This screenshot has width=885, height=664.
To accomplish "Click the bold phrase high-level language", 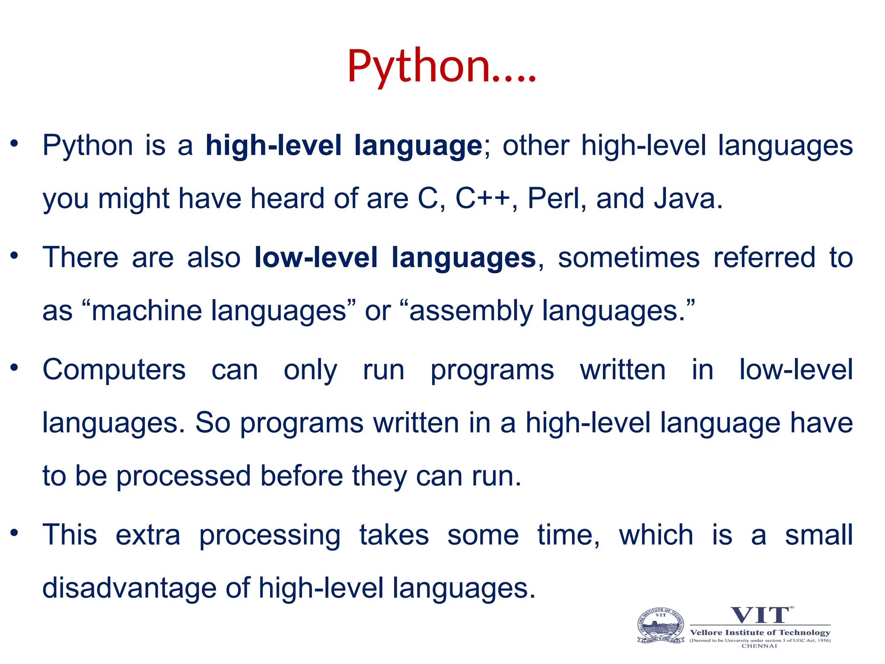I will tap(344, 145).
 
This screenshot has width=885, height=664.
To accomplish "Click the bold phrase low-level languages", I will tap(395, 258).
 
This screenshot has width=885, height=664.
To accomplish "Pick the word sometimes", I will tap(629, 258).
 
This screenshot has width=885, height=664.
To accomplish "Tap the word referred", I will tap(764, 258).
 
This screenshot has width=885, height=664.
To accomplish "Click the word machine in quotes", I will tap(146, 311).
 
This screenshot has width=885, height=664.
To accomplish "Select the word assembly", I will tap(471, 311).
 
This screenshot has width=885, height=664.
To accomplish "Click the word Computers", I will tap(114, 370).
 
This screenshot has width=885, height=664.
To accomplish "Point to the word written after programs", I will tap(623, 370).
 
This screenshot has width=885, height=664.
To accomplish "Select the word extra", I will tap(148, 535).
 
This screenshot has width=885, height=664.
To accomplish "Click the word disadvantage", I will tap(129, 588).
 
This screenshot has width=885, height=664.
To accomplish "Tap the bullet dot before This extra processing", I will tap(14, 533).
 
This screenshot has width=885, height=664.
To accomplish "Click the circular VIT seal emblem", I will tap(661, 626).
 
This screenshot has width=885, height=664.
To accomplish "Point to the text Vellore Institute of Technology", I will tap(760, 632).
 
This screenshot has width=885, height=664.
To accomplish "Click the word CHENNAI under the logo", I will tap(759, 646).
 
